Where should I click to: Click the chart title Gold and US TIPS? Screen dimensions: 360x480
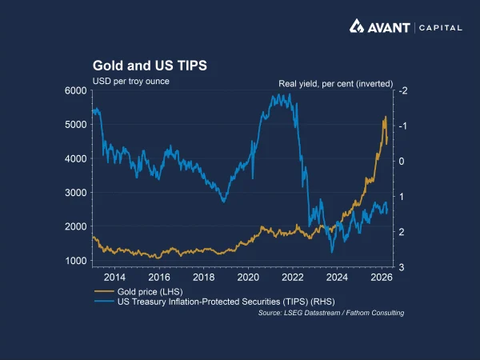tap(150, 65)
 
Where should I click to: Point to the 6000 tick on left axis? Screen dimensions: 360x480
tap(76, 90)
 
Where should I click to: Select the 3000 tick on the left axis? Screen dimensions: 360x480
tap(76, 193)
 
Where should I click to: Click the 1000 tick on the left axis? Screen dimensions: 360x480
tap(76, 261)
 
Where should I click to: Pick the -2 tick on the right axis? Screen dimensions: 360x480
tap(403, 90)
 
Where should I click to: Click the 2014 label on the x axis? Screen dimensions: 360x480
tap(114, 278)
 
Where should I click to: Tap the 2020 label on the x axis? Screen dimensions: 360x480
tap(247, 278)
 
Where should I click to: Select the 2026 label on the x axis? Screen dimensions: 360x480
tap(381, 278)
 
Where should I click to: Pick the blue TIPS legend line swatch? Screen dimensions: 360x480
tap(104, 302)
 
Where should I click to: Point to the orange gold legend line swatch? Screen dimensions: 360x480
tap(104, 291)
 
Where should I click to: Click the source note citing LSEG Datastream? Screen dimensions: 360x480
tap(330, 313)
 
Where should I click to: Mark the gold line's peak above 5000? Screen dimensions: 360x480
tap(386, 117)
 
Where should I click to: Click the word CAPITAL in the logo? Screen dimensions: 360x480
tap(441, 27)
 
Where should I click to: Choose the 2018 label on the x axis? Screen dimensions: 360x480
tap(203, 278)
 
